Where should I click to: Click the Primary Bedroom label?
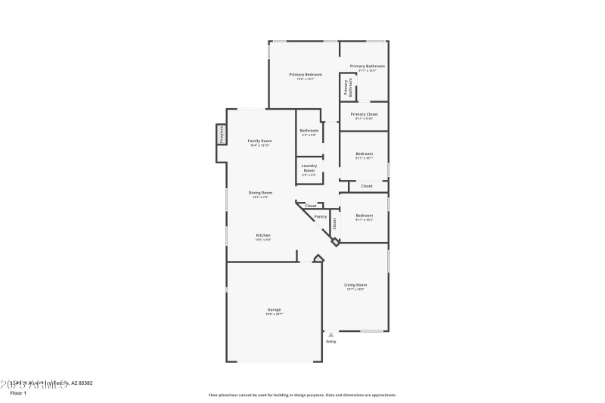(306, 74)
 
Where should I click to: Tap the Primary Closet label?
(364, 114)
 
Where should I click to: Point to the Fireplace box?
(222, 134)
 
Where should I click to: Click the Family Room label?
(259, 141)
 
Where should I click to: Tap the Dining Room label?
(259, 193)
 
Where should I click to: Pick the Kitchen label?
(262, 235)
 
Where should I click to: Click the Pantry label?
(321, 217)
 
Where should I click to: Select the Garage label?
(274, 309)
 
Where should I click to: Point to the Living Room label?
(355, 285)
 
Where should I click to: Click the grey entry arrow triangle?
(330, 334)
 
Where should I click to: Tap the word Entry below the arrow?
(330, 342)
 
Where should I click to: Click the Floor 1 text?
(17, 393)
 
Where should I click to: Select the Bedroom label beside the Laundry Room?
(364, 154)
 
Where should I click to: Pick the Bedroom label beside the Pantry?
(364, 215)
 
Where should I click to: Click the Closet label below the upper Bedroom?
(366, 185)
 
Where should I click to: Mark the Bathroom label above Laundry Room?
(309, 130)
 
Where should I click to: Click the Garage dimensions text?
(274, 315)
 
